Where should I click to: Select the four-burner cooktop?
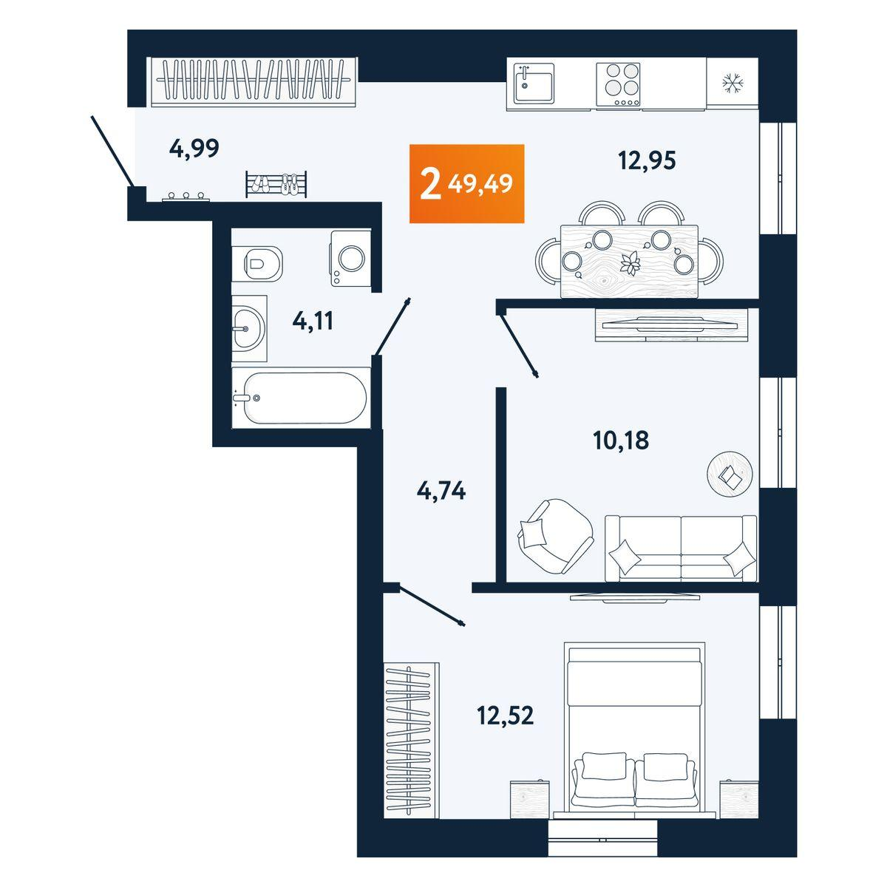click(619, 84)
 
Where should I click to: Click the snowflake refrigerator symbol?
click(732, 84)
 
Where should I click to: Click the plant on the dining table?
click(631, 262)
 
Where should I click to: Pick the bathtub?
click(300, 398)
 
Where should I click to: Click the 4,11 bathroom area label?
click(313, 322)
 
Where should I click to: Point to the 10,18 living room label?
click(621, 441)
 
